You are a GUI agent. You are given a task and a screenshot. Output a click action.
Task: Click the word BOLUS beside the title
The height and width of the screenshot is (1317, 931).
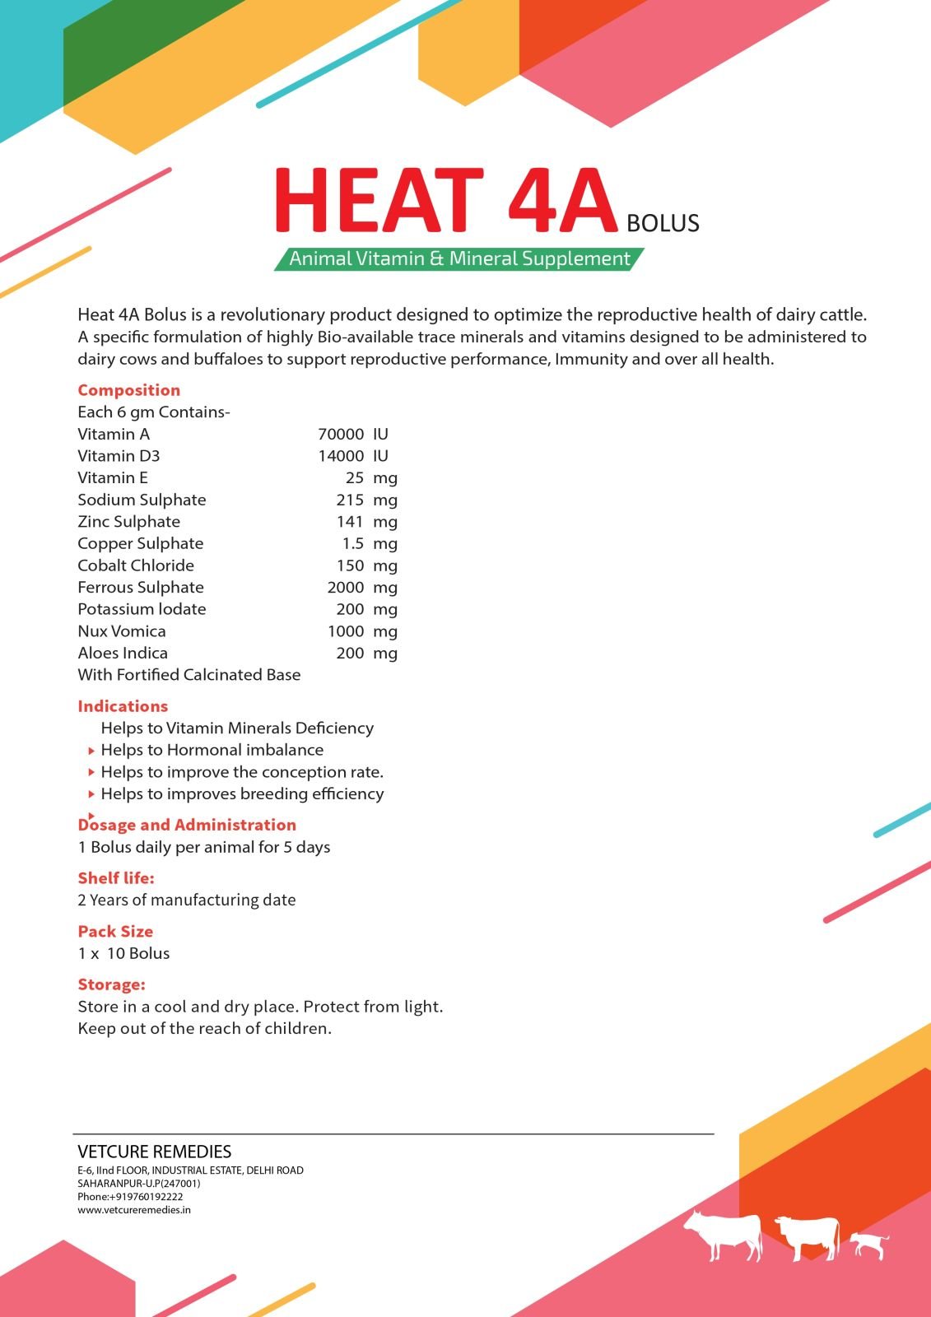tap(663, 223)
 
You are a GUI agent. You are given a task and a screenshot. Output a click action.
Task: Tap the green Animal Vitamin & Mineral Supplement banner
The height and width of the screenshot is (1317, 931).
tap(459, 258)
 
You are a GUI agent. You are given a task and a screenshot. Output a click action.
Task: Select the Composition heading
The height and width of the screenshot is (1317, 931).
tap(128, 390)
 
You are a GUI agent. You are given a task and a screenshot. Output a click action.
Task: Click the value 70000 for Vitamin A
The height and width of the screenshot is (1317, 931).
tap(341, 434)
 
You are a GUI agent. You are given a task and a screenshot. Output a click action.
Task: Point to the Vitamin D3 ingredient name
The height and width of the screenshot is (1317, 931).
tap(119, 456)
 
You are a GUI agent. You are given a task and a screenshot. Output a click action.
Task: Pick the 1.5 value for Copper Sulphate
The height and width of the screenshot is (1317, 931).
tap(353, 543)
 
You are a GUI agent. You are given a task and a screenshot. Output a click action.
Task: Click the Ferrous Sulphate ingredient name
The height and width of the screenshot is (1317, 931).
tap(141, 587)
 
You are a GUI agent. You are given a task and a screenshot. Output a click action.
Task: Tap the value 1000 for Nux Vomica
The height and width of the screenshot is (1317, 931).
tap(346, 631)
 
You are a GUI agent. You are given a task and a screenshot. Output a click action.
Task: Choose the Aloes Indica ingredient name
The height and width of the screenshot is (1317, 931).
tap(123, 653)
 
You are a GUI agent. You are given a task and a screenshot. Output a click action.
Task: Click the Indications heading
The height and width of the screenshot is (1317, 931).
tap(123, 706)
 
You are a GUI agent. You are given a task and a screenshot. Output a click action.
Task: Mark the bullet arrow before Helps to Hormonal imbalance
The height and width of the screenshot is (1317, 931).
tap(91, 751)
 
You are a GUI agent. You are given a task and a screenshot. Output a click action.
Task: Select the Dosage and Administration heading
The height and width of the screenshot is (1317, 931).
tap(187, 825)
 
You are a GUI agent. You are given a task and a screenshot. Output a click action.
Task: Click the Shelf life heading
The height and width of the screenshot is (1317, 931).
tap(116, 878)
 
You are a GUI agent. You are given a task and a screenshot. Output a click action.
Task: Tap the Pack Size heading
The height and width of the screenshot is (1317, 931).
tap(115, 932)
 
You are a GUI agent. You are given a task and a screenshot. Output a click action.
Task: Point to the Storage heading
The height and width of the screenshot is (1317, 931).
tap(111, 984)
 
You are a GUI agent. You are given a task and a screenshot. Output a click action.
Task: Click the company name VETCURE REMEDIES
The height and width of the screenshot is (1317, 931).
tap(154, 1152)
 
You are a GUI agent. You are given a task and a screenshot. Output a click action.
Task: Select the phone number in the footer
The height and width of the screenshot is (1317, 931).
tap(130, 1197)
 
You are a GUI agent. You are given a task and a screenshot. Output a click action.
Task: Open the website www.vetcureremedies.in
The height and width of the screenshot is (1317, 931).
tap(134, 1210)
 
